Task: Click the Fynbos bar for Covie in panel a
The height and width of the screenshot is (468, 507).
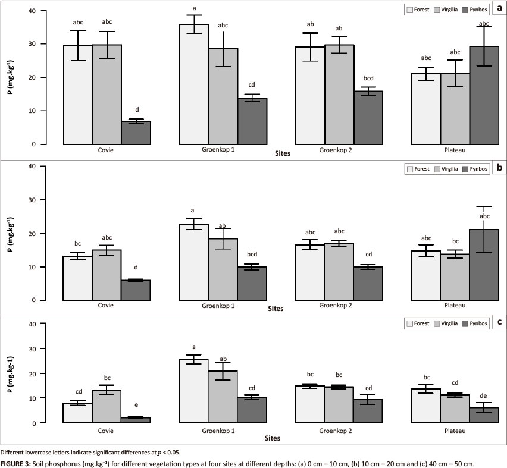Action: click(136, 133)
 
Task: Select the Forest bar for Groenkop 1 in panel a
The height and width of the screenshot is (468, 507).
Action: click(194, 84)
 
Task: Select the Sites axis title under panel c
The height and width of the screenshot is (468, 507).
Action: click(271, 438)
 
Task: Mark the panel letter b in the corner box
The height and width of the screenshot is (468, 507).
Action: click(499, 168)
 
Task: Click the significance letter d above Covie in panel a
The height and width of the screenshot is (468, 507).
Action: click(136, 109)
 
